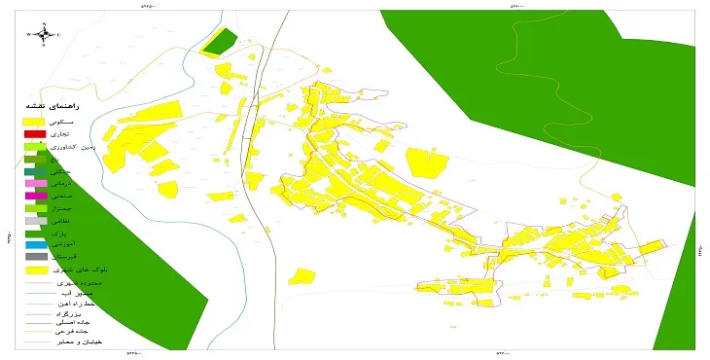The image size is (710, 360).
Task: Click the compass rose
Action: pyautogui.click(x=44, y=36)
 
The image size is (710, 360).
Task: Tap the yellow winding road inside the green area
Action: pyautogui.click(x=530, y=49)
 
